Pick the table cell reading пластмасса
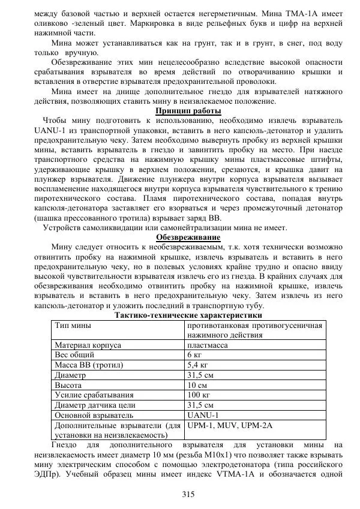[206, 345]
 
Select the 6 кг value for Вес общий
[194, 355]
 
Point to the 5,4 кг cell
[199, 365]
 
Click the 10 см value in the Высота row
[197, 384]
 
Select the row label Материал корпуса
[88, 345]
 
